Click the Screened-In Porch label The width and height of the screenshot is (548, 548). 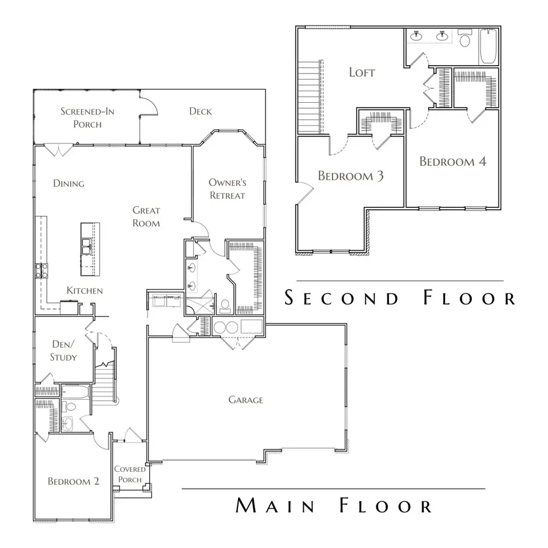(87, 117)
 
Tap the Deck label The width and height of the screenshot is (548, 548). (200, 111)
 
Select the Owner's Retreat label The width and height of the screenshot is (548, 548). (227, 189)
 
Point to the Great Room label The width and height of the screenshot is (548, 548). (146, 217)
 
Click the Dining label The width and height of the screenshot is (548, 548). (68, 183)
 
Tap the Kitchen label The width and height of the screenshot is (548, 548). (85, 291)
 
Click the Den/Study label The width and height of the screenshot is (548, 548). (63, 351)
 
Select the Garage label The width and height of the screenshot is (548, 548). (245, 400)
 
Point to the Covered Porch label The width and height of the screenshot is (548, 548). (130, 474)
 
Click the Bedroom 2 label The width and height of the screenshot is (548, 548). (73, 482)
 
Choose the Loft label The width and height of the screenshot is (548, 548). (362, 72)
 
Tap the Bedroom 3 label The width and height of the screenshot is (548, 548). (350, 176)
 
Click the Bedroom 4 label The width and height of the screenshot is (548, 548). (452, 162)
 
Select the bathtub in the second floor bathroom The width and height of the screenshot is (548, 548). (488, 47)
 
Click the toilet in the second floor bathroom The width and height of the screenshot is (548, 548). (466, 41)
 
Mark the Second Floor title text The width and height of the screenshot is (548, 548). (400, 298)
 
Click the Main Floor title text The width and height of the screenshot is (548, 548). (334, 506)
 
